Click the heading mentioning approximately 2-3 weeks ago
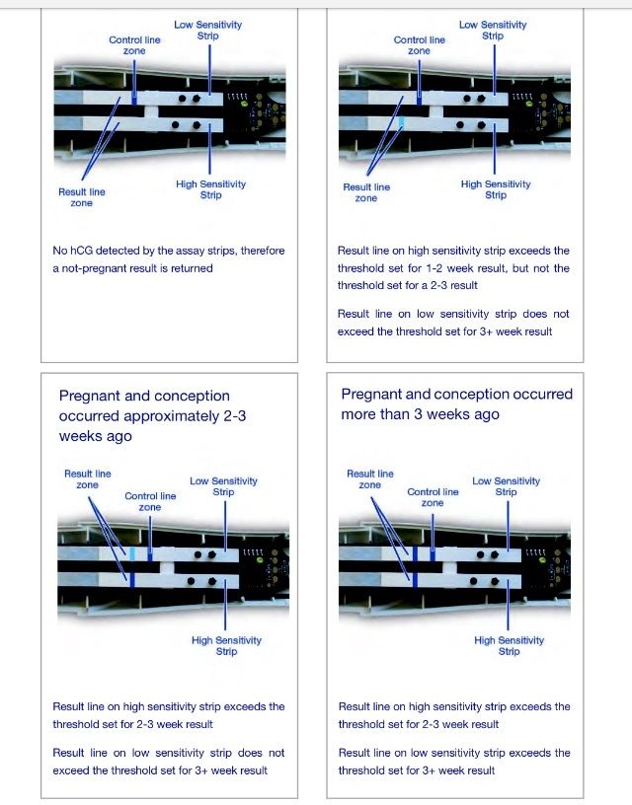coord(152,416)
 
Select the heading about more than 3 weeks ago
coord(457,404)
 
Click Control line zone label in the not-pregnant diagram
coord(134,45)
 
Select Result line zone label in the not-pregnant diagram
coord(82,197)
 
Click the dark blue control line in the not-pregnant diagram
coord(134,98)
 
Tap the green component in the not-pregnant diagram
coord(244,105)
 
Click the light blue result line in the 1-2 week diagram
coord(401,123)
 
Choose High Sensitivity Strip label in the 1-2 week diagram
coord(496,189)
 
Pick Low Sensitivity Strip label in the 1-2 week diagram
coord(493,30)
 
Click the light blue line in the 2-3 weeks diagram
coord(132,554)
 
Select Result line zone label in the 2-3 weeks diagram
coord(87,479)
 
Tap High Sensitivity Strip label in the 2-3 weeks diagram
coord(226,645)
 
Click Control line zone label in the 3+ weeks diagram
coord(433,497)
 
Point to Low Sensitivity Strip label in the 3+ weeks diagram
coord(507,486)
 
